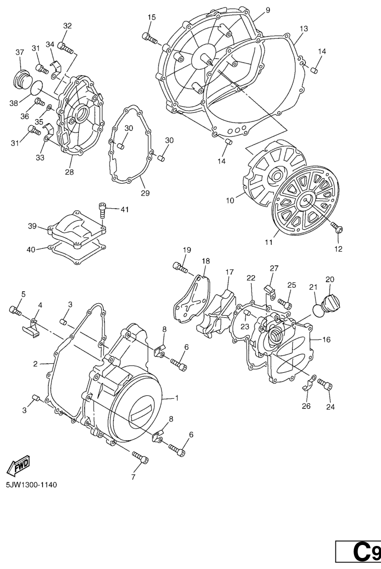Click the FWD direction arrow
[19, 466]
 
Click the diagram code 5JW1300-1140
[31, 484]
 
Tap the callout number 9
[268, 10]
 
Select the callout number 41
[124, 209]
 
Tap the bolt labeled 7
[140, 457]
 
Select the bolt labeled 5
[15, 310]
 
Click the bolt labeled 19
[180, 267]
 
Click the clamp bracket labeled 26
[309, 382]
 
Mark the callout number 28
[69, 172]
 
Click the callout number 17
[229, 272]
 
